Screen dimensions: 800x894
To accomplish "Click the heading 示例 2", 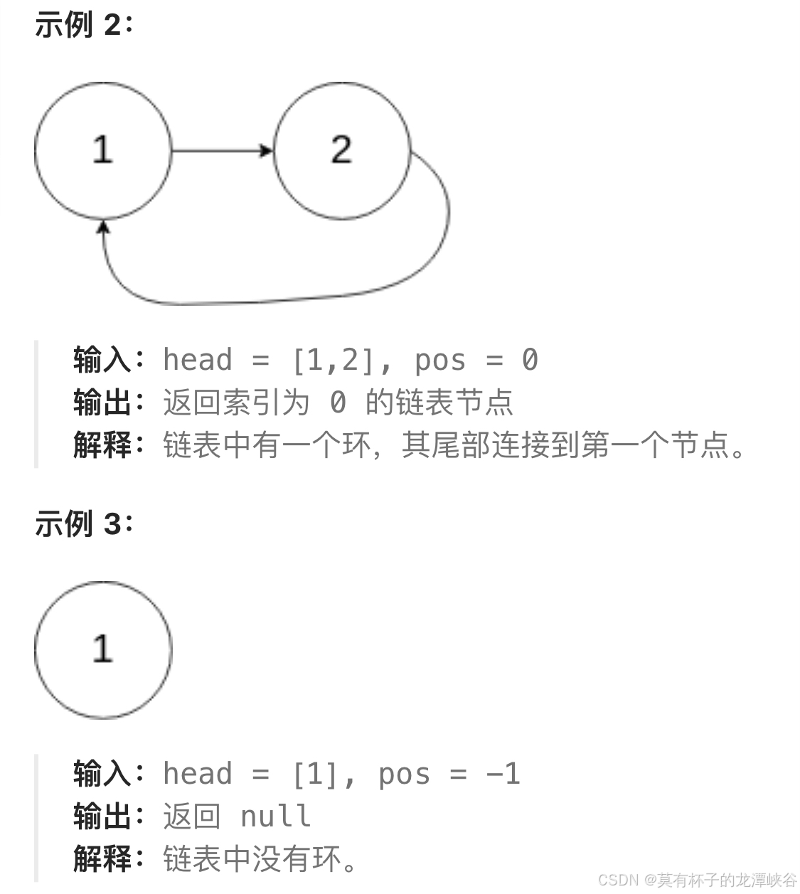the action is coord(83,26).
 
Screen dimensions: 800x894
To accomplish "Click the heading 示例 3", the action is coord(83,524).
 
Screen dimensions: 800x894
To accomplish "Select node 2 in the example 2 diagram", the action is coord(341,150).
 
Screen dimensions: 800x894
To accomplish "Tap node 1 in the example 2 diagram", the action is coord(103,150).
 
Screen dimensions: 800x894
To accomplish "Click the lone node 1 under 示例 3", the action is coord(103,649).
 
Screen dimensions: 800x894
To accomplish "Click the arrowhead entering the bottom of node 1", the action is coord(104,227).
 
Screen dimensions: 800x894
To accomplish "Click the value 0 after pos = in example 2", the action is coord(530,360).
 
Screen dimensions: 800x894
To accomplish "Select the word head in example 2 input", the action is coord(198,360).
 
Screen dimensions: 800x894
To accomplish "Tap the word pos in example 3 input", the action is coord(404,774).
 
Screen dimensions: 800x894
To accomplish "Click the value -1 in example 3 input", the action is coord(503,774).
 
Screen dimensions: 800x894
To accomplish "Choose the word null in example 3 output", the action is coord(276,816).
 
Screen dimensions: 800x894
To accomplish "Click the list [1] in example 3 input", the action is coord(316,774).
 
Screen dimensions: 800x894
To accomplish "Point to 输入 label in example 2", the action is coord(102,360).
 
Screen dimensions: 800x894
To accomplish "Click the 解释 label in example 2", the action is coord(102,446).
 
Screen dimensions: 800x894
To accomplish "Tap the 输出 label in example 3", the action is coord(102,816).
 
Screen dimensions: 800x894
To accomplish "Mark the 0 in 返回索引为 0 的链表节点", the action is coord(338,403).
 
